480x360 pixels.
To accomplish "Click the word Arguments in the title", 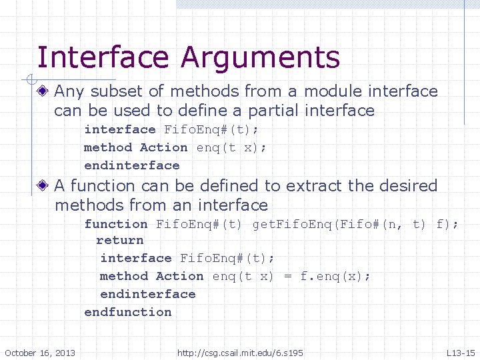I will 261,57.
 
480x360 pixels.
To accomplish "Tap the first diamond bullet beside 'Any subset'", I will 44,91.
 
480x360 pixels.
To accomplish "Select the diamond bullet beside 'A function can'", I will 44,186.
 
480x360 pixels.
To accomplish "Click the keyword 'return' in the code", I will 120,240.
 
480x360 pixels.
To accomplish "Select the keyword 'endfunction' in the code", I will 128,312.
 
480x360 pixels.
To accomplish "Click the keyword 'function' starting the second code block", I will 115,224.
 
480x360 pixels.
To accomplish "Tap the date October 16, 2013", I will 40,352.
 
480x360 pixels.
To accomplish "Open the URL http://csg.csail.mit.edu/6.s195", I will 240,352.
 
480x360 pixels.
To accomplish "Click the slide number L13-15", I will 461,352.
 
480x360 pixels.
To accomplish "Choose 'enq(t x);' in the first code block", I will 231,147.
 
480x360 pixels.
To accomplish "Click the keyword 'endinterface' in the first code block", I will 132,165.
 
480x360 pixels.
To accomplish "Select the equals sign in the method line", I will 287,276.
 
